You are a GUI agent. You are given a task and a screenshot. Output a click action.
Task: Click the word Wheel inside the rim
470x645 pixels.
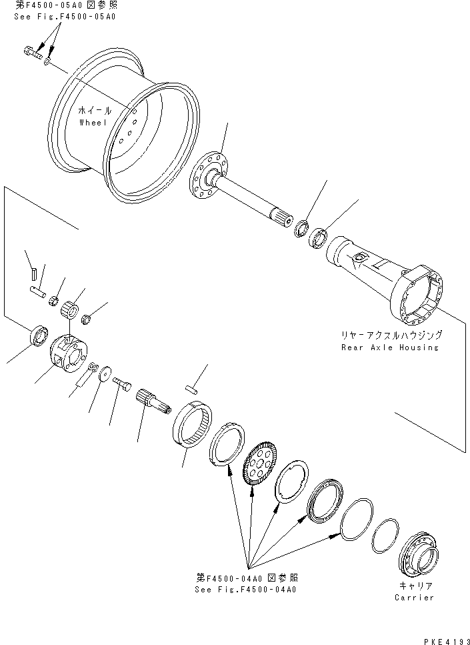pos(93,123)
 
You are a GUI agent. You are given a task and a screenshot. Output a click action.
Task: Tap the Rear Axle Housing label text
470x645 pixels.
pos(389,347)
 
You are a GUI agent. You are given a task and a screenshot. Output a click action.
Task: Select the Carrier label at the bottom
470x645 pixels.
pos(414,597)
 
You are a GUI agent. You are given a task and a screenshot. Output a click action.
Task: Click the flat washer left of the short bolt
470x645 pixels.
pos(104,377)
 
